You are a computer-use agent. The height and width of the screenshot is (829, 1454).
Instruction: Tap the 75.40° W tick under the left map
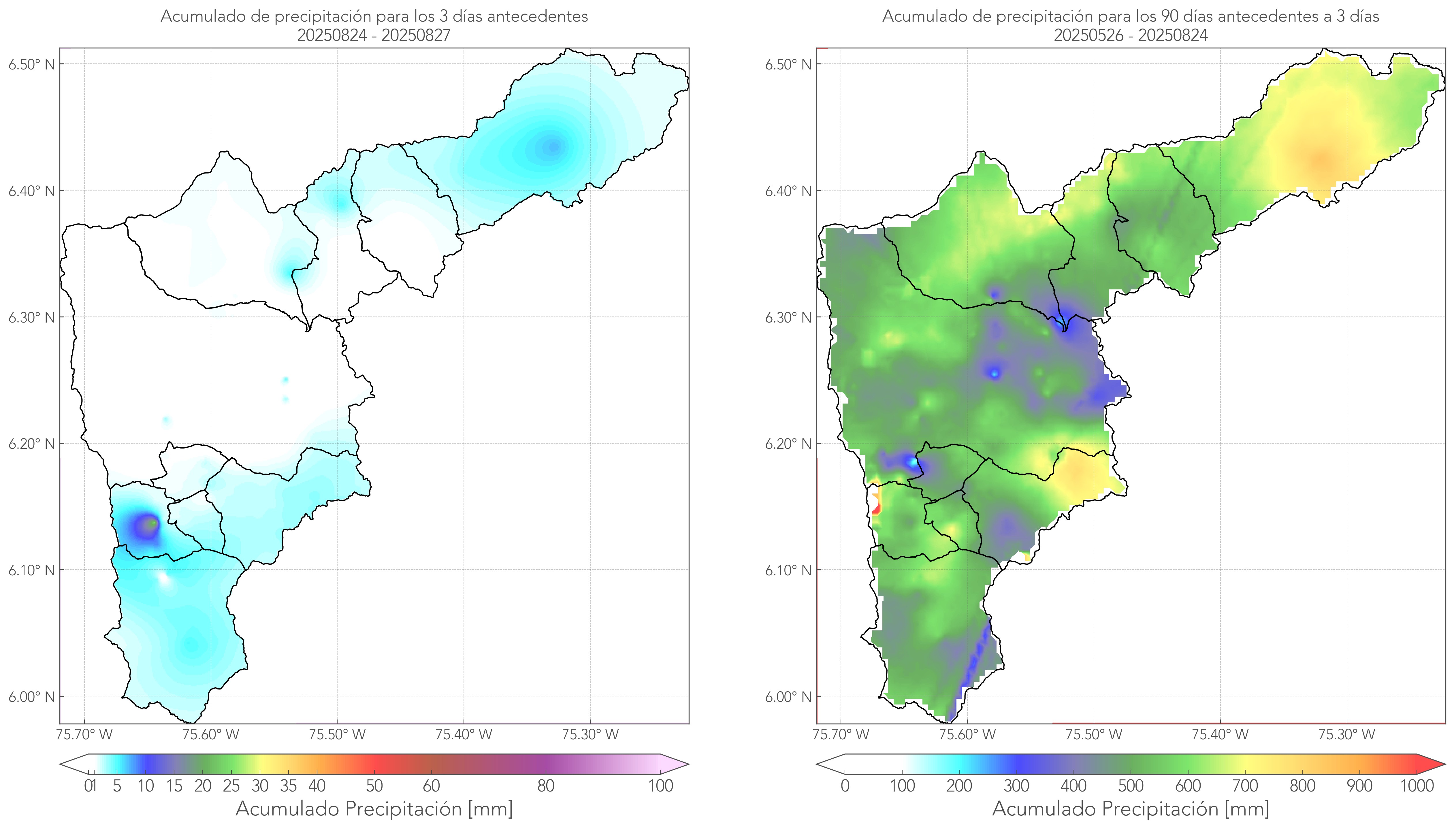click(464, 734)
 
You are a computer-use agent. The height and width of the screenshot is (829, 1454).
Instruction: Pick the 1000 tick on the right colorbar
click(1417, 786)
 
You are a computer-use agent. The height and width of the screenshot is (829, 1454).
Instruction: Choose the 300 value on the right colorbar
click(1016, 786)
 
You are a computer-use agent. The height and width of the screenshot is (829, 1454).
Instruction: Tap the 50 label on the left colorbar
click(374, 786)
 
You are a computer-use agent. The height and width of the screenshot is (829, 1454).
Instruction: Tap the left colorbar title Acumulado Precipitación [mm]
click(374, 809)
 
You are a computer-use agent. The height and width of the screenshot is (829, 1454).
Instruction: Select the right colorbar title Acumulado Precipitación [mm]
click(1131, 809)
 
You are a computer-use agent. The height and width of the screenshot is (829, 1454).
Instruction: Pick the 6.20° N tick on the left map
click(31, 444)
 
